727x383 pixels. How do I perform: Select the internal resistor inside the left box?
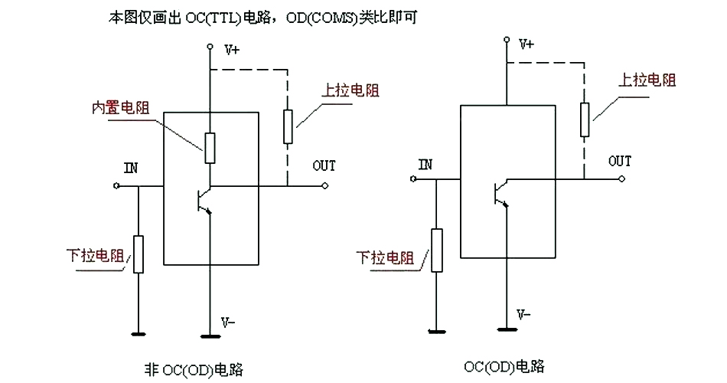tap(210, 147)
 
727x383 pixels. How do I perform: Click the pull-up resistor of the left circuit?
tap(288, 126)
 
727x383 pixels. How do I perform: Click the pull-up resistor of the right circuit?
tap(585, 119)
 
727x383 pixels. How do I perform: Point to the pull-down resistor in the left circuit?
tap(139, 254)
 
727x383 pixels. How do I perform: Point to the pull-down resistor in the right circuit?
tap(436, 250)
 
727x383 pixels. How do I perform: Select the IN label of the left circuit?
tap(131, 167)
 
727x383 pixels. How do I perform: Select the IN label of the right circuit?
tap(425, 164)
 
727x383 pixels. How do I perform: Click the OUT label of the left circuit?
tap(324, 165)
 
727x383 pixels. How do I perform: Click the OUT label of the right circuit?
tap(619, 161)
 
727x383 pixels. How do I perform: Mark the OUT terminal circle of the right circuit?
tap(621, 178)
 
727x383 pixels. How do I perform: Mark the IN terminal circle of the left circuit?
tap(116, 186)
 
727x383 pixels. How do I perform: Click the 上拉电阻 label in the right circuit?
tap(647, 80)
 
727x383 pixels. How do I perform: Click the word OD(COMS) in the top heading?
tap(320, 17)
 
